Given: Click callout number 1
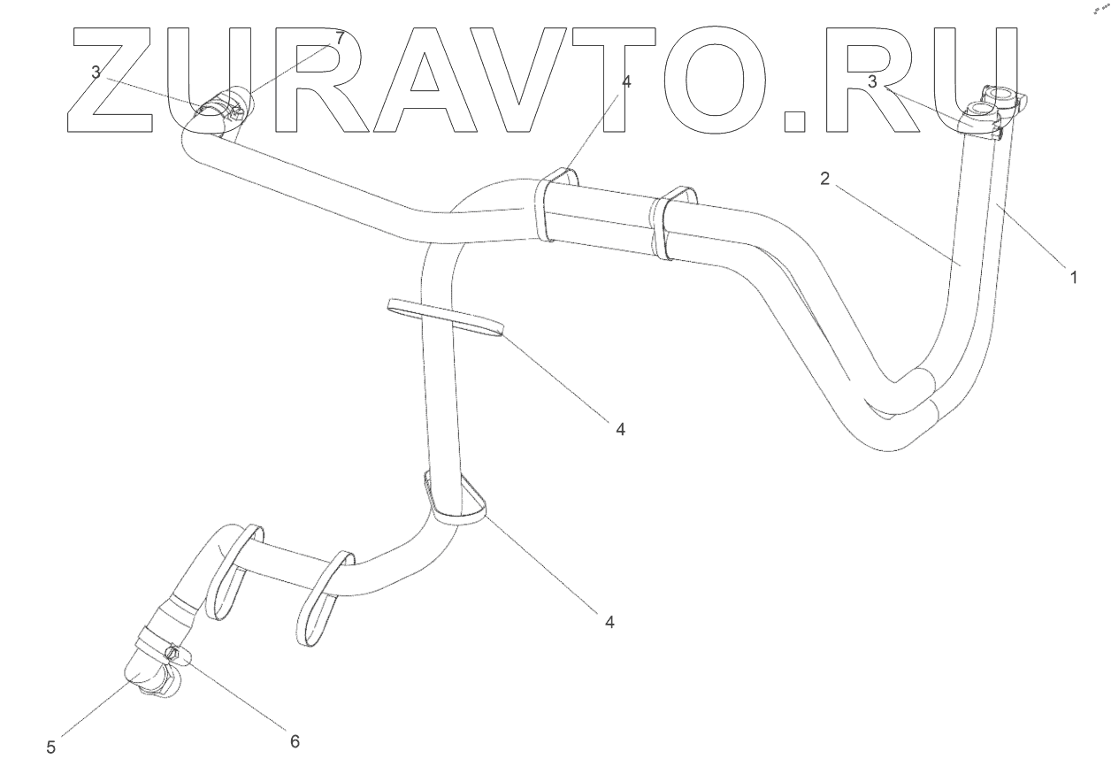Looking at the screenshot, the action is pyautogui.click(x=1074, y=277).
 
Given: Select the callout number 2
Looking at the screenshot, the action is pyautogui.click(x=824, y=179).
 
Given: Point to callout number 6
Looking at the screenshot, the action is pyautogui.click(x=295, y=741).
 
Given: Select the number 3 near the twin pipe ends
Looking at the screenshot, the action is pyautogui.click(x=872, y=81).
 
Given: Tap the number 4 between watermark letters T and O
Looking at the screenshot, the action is pyautogui.click(x=626, y=81).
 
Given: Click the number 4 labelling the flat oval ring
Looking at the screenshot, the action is pyautogui.click(x=620, y=428).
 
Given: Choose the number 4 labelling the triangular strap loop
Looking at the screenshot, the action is pyautogui.click(x=609, y=622).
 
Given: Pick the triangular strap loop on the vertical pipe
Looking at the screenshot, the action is pyautogui.click(x=457, y=500).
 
